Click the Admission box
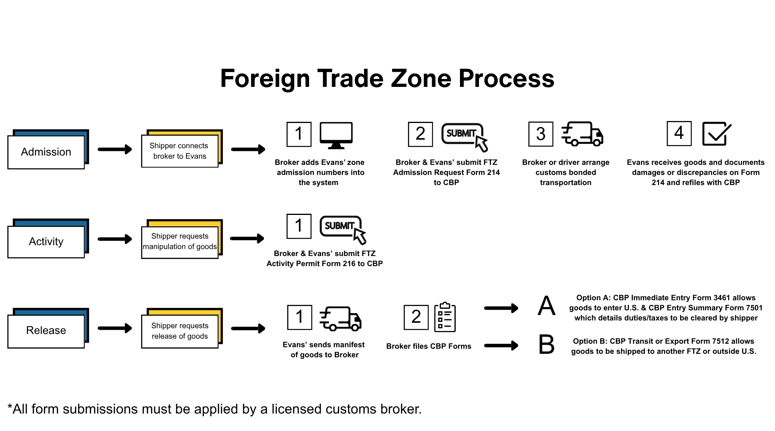pos(46,152)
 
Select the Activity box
pos(46,241)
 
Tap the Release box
pos(46,330)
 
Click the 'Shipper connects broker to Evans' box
pos(180,151)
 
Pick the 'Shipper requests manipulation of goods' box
pos(180,241)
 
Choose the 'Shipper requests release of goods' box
pos(180,331)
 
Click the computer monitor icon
pos(336,135)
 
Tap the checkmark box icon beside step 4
pos(716,134)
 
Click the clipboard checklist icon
pos(445,317)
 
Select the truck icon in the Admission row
pos(582,134)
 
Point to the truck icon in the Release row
pos(340,318)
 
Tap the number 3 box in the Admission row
pos(541,134)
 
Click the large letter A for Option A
pos(546,306)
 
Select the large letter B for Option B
pos(546,345)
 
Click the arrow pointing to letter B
pos(501,345)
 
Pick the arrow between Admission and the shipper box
pos(115,149)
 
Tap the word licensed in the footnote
pos(296,409)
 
